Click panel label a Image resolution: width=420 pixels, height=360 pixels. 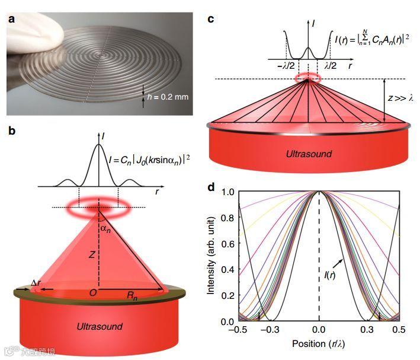click(x=11, y=19)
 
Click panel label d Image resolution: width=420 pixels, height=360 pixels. click(x=211, y=187)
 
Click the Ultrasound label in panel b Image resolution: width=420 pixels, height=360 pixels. click(x=100, y=326)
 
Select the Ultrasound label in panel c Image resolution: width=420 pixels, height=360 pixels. click(x=309, y=154)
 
